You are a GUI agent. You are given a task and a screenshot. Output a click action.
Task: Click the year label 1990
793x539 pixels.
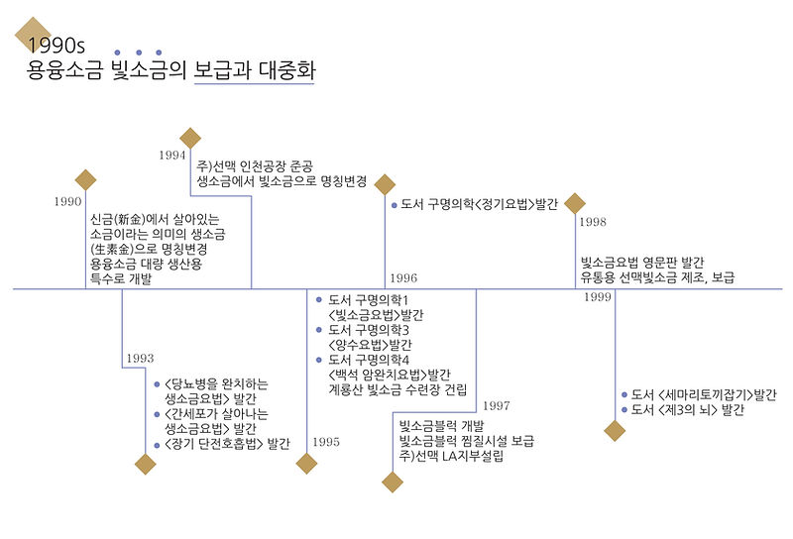[x=67, y=202]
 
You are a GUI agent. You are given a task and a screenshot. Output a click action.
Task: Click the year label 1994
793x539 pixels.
[x=172, y=156]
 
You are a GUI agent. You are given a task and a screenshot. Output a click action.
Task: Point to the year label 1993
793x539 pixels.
[x=140, y=358]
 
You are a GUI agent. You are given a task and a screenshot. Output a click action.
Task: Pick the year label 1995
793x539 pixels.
[x=324, y=442]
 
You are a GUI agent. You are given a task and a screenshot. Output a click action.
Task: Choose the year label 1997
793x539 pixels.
[x=497, y=405]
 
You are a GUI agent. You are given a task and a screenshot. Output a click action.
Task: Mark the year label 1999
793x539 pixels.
[x=598, y=297]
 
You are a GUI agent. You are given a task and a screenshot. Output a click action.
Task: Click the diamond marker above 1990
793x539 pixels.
[x=86, y=179]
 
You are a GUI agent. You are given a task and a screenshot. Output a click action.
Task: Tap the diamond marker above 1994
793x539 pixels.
[x=190, y=138]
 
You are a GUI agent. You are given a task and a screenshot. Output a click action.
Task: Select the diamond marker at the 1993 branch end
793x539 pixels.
[x=146, y=464]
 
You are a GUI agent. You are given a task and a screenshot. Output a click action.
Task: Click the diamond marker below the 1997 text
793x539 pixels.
[x=394, y=482]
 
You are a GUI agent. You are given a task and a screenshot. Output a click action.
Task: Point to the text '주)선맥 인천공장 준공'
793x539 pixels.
[x=267, y=164]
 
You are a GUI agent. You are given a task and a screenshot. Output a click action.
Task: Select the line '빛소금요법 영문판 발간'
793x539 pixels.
[x=642, y=263]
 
